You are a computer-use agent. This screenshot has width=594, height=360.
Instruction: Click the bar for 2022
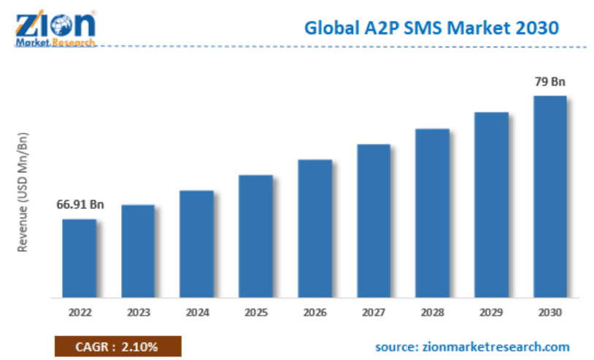tap(79, 258)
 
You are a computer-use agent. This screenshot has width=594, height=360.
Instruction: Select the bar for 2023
tap(137, 251)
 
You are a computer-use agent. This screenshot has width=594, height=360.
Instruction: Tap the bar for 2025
tap(255, 237)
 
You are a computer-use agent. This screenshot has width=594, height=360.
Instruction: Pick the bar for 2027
tap(374, 221)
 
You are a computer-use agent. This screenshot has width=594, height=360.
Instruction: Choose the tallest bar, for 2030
tap(549, 197)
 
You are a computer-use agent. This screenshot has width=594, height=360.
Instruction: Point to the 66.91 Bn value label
tap(80, 204)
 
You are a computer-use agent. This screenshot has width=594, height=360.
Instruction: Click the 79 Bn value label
tap(549, 82)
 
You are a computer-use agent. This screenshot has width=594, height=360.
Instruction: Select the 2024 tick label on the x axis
tap(196, 313)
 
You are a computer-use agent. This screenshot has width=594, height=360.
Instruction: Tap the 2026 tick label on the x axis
tap(315, 313)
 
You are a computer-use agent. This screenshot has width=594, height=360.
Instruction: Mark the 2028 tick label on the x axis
tap(432, 313)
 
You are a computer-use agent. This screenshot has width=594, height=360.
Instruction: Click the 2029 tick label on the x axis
tap(491, 313)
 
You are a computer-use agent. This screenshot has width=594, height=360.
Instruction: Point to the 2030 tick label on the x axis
tap(549, 313)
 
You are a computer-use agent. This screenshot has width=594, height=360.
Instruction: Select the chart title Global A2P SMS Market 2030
tap(431, 28)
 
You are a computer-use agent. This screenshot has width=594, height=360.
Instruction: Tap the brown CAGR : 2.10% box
tap(117, 345)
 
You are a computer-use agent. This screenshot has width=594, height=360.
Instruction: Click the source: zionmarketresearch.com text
tap(472, 346)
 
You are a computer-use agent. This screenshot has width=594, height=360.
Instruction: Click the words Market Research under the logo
tap(55, 42)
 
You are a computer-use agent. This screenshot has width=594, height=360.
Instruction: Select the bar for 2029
tap(491, 205)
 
